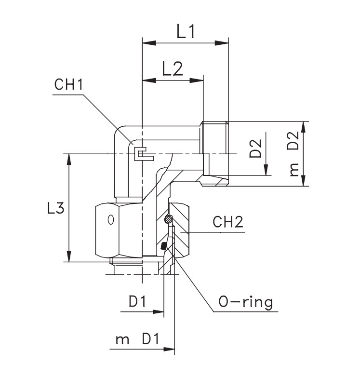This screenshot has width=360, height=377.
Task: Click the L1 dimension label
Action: coord(185,32)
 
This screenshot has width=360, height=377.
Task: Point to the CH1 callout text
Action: coord(68,85)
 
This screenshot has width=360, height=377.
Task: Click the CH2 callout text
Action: coord(228,222)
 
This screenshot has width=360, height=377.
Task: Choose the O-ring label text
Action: coord(245,302)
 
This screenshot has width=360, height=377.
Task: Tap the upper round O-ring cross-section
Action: coord(167,220)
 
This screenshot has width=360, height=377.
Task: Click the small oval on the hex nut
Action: coord(110,220)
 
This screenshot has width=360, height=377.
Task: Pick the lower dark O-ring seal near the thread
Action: coord(164,246)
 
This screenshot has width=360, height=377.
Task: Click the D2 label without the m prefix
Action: coord(255,148)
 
